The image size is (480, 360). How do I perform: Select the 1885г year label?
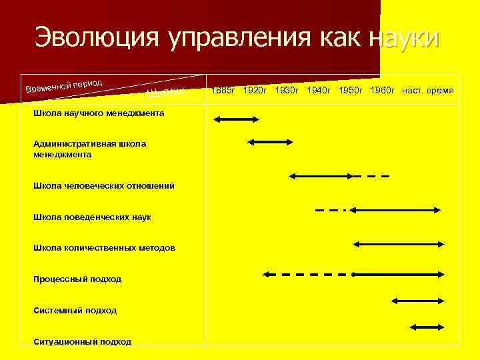click(x=223, y=89)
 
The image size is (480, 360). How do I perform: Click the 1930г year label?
click(x=288, y=89)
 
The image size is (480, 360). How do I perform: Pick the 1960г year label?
click(x=383, y=89)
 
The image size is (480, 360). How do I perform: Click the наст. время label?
click(x=428, y=89)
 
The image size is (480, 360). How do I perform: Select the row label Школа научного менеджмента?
click(x=99, y=113)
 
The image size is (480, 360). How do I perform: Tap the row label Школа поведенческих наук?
click(x=92, y=217)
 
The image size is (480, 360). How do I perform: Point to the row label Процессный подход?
click(x=77, y=279)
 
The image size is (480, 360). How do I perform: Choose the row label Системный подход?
click(x=75, y=310)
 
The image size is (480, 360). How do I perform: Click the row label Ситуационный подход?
click(x=82, y=341)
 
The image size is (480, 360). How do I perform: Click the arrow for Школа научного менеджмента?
click(x=236, y=119)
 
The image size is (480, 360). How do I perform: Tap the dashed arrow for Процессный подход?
click(x=307, y=274)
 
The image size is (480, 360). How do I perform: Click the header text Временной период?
click(x=64, y=85)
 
